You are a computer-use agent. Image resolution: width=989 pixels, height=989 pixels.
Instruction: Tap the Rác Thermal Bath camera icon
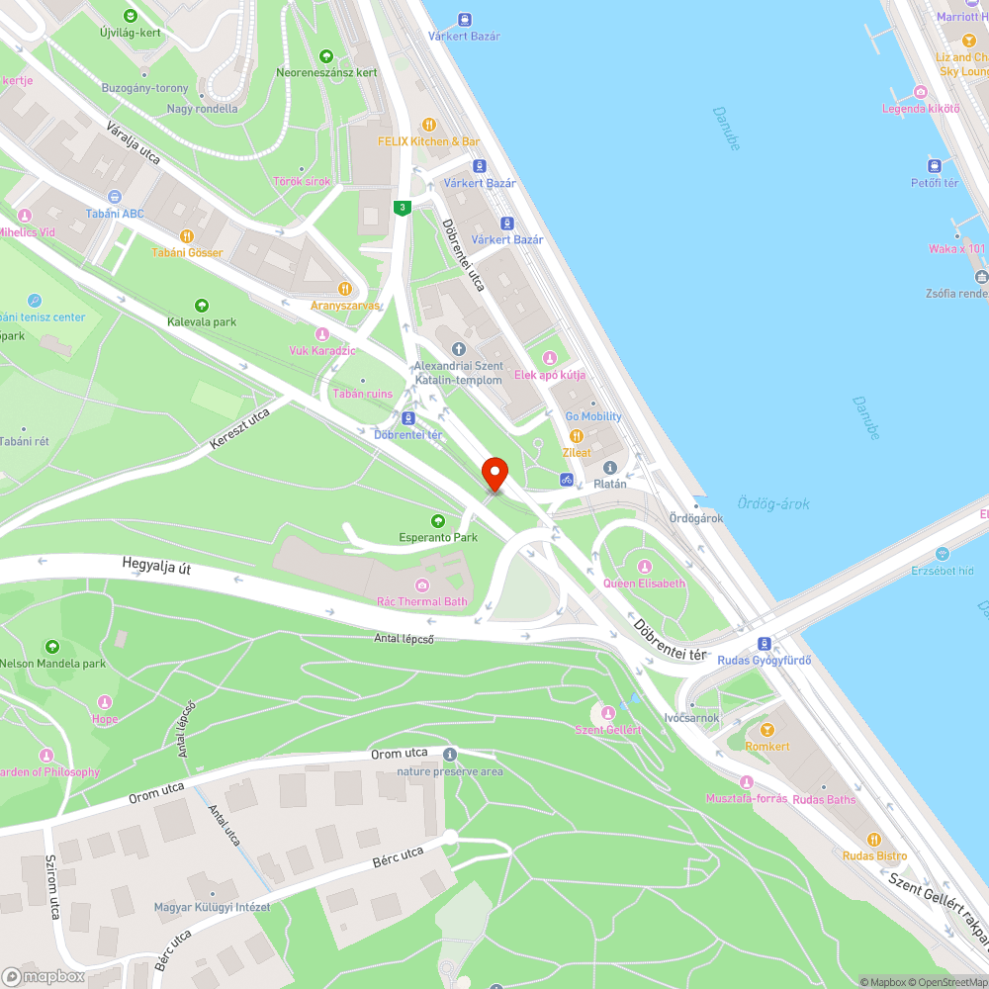tap(423, 585)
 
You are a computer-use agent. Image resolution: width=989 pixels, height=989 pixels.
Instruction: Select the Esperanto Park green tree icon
tap(438, 521)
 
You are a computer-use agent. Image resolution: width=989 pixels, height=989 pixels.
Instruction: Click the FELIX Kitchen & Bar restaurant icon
tap(429, 125)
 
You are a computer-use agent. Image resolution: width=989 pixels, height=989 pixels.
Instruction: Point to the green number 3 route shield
tap(402, 208)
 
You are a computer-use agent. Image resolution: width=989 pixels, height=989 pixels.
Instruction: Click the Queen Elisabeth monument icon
tap(645, 567)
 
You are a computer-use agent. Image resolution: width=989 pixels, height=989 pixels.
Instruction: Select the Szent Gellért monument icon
tap(608, 713)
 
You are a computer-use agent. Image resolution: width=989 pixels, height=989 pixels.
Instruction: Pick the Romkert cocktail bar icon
tap(767, 730)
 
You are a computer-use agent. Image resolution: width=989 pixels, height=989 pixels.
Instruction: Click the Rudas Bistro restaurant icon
tap(874, 839)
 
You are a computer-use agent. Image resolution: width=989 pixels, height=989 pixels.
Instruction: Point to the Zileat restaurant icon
tap(577, 435)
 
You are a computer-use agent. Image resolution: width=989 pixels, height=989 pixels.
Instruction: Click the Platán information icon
tap(609, 468)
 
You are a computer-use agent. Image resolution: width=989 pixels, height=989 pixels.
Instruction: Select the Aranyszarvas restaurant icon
tap(345, 289)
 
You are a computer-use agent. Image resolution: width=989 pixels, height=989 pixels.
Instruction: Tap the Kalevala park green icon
tap(202, 306)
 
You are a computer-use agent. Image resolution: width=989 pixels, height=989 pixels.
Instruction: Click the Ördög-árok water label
tap(773, 503)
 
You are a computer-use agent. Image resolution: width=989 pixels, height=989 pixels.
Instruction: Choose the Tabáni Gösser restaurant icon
tap(187, 235)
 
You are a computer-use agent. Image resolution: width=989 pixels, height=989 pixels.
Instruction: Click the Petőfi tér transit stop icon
tap(935, 166)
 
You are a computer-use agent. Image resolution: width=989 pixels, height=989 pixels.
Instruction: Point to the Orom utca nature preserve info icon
tap(450, 755)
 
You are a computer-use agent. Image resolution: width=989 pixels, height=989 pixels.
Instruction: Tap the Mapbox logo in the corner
tap(44, 976)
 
